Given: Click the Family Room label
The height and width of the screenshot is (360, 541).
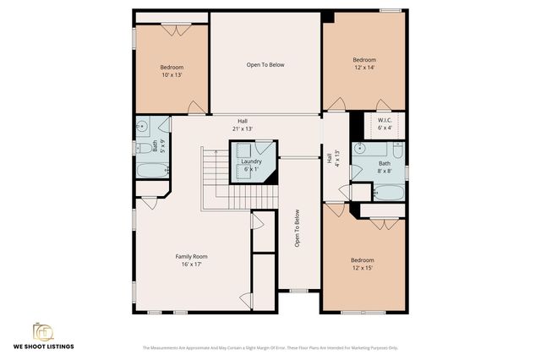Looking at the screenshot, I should pos(191,256).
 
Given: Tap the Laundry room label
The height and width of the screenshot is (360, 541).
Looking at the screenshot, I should pos(251,161).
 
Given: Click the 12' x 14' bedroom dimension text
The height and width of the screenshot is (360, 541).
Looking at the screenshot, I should pos(364,68).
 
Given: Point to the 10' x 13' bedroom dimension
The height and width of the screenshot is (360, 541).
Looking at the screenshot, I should pos(172,75).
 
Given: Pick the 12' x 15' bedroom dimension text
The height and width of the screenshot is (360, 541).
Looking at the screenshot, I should pos(362,268).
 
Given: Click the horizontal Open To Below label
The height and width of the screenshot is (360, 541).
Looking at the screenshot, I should pos(265,64).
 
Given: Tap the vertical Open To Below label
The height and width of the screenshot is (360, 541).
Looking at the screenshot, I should pos(298,228).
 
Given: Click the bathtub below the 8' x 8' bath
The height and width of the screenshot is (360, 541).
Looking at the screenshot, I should pos(388,191).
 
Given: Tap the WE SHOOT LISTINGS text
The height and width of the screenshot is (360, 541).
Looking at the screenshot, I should pos(42,346).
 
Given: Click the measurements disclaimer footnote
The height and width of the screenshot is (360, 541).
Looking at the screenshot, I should pos(270,347).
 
